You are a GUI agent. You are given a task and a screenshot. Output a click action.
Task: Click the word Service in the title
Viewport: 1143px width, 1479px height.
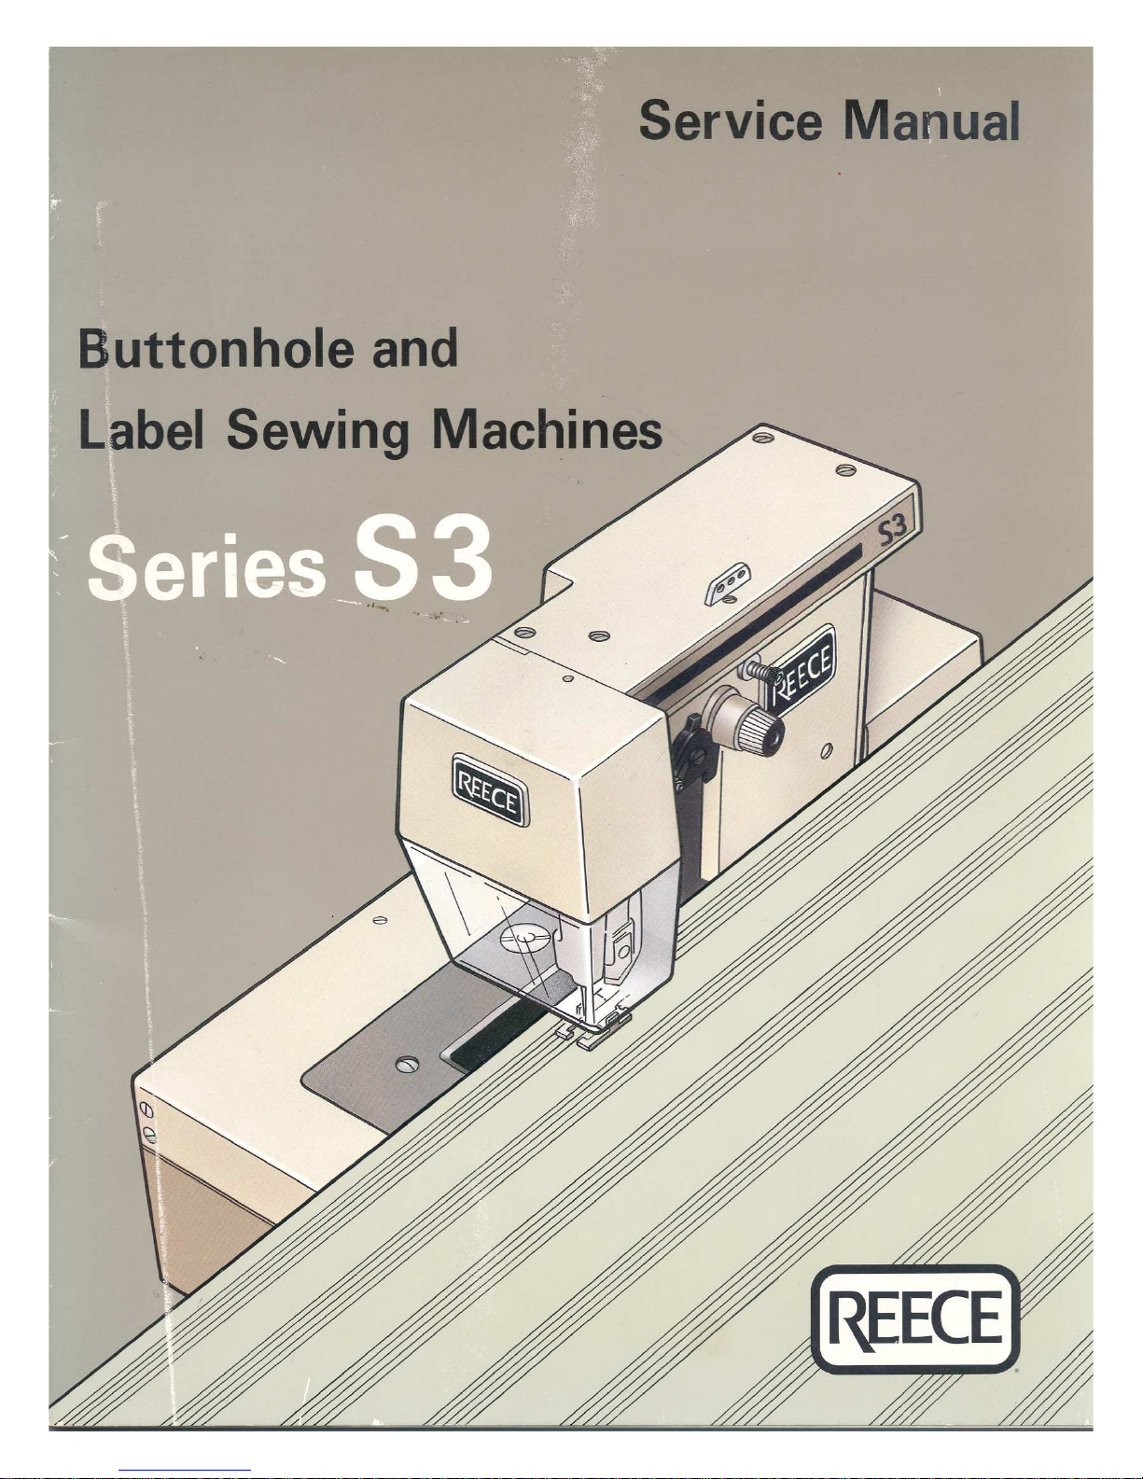731,120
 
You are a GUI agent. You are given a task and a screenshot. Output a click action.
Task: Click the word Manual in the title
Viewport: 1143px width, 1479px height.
931,120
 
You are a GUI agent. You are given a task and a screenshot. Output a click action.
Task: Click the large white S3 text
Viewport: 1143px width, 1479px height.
423,561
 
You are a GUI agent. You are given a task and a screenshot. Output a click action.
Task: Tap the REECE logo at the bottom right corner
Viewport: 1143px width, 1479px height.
916,1319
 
